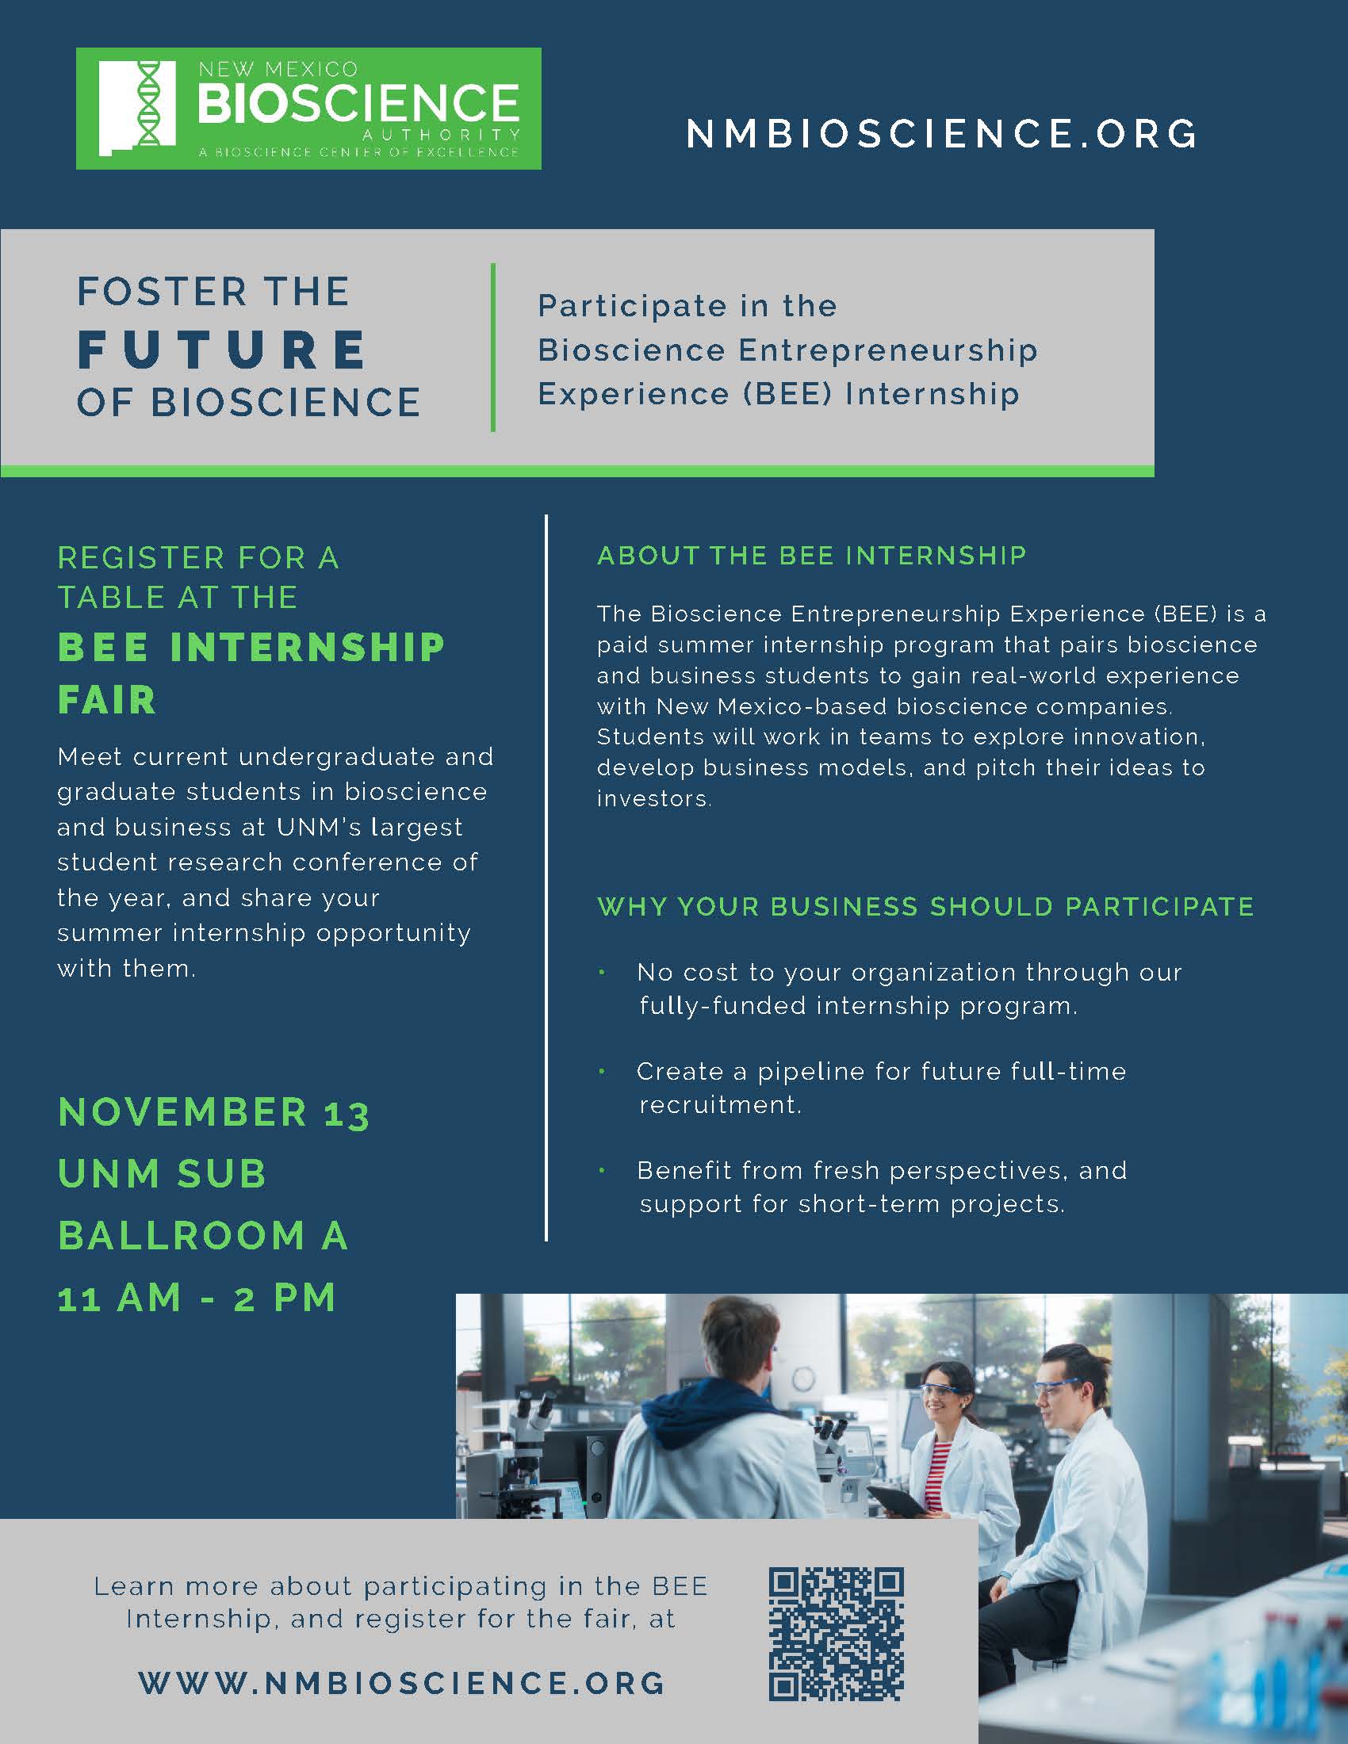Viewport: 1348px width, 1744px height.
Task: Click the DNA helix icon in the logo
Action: click(x=148, y=105)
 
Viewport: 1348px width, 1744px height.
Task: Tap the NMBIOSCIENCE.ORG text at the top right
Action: click(x=942, y=133)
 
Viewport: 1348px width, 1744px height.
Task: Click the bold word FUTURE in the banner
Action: click(x=222, y=349)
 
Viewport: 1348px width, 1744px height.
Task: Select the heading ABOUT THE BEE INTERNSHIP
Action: click(x=811, y=555)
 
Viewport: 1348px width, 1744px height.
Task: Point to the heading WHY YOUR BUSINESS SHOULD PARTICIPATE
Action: click(x=925, y=906)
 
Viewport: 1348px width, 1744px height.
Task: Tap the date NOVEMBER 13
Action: click(x=213, y=1112)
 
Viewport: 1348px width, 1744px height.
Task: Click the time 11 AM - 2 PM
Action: click(x=197, y=1298)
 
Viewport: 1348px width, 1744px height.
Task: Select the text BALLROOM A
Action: click(x=203, y=1235)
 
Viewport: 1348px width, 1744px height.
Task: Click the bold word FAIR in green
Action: click(x=107, y=699)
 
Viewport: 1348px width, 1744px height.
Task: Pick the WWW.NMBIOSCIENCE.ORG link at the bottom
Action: click(x=403, y=1683)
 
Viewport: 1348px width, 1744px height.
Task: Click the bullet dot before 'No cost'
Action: click(x=602, y=973)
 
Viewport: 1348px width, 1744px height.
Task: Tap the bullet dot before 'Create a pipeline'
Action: click(x=602, y=1072)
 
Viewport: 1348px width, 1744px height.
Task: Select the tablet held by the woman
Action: click(x=898, y=1502)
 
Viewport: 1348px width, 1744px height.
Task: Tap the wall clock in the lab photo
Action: click(x=804, y=1379)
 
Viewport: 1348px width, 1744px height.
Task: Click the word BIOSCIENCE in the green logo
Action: click(x=358, y=103)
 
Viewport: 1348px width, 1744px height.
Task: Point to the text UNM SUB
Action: click(x=162, y=1173)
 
